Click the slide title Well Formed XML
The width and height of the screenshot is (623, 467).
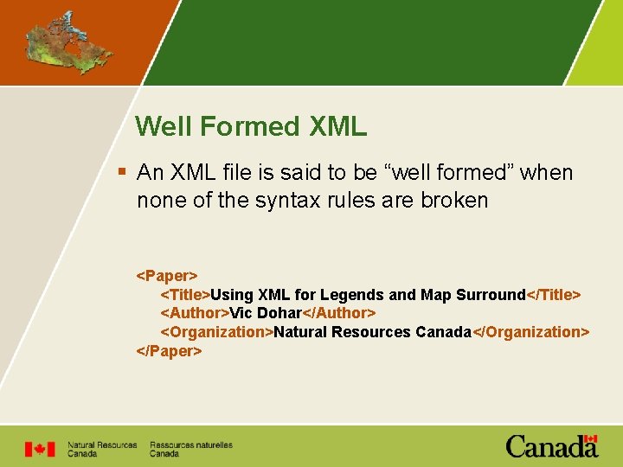pyautogui.click(x=251, y=127)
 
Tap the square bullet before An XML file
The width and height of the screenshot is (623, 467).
pyautogui.click(x=124, y=173)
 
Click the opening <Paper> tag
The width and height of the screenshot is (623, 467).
pyautogui.click(x=167, y=276)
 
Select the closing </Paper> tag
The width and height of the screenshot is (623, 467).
pyautogui.click(x=170, y=351)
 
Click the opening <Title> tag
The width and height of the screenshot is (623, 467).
pyautogui.click(x=185, y=295)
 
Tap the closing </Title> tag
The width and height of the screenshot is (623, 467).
pyautogui.click(x=554, y=295)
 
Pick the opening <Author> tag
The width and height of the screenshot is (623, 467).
pyautogui.click(x=195, y=313)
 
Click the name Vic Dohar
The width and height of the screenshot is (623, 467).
pyautogui.click(x=266, y=313)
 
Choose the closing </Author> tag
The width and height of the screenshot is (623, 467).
pyautogui.click(x=339, y=313)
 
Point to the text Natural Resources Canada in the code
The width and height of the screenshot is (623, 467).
pyautogui.click(x=371, y=332)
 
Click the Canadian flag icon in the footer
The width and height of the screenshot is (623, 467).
pyautogui.click(x=39, y=449)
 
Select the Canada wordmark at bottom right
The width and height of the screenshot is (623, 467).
pyautogui.click(x=552, y=446)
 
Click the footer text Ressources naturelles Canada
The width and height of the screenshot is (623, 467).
pyautogui.click(x=190, y=449)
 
